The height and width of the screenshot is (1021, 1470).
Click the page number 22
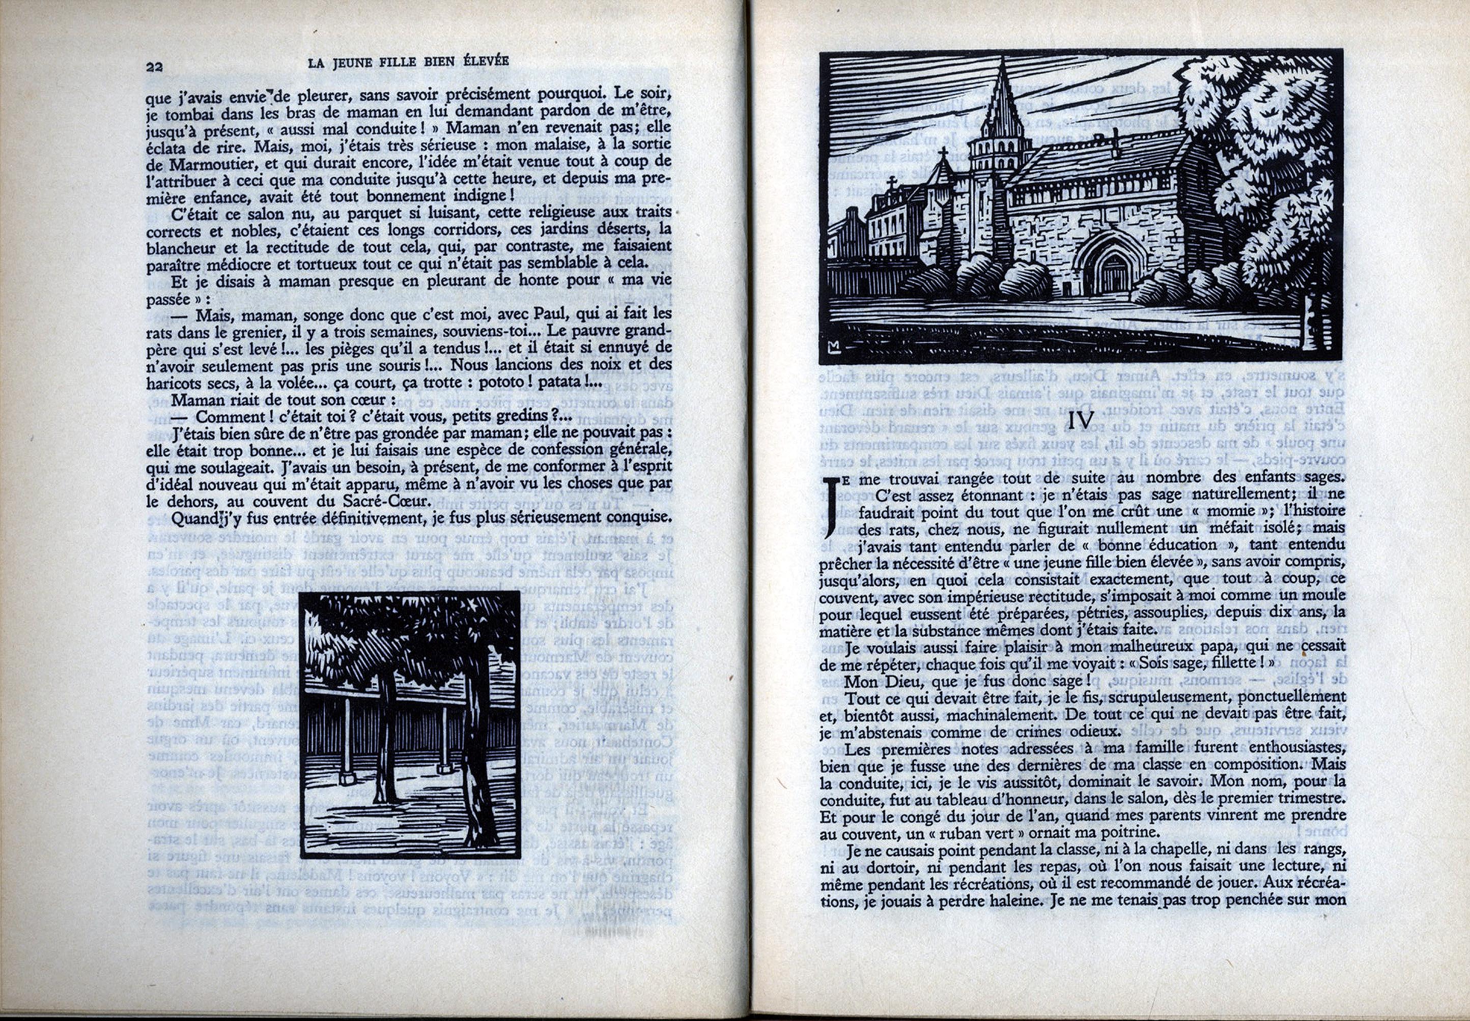[154, 67]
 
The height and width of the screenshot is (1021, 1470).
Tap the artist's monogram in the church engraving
[833, 347]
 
